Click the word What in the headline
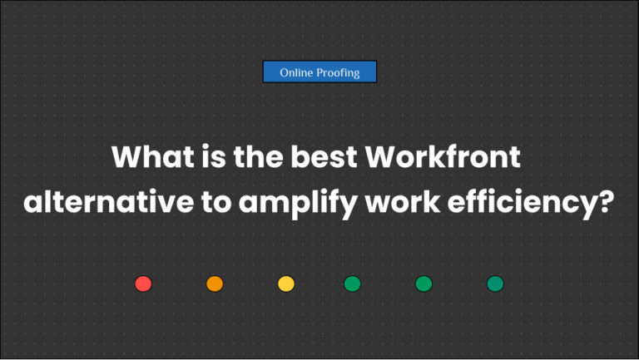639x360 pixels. (146, 157)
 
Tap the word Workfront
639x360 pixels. (448, 157)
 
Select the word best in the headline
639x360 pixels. (325, 157)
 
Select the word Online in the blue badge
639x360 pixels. (296, 73)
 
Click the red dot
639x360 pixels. (143, 284)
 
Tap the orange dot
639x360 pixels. (215, 284)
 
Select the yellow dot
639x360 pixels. (286, 284)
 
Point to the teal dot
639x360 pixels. (495, 284)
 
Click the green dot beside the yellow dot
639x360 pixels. (352, 284)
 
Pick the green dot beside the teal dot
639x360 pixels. (424, 284)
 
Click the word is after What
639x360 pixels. (206, 157)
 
